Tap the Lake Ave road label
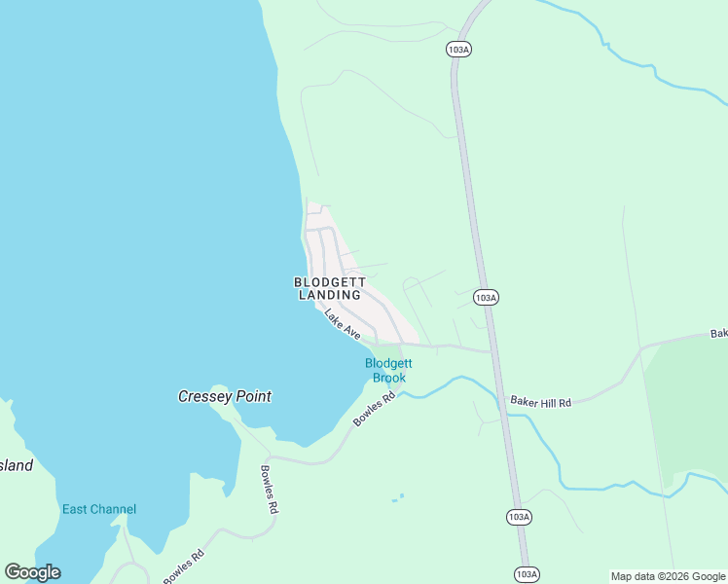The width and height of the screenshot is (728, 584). [x=343, y=324]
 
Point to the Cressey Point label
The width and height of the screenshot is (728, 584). [x=224, y=396]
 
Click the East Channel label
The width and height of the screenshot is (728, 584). [x=99, y=509]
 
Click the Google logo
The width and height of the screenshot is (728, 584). [x=32, y=572]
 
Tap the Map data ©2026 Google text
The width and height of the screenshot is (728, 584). [x=669, y=576]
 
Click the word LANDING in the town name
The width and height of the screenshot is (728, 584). [x=330, y=295]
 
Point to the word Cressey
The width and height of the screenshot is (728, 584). [x=205, y=396]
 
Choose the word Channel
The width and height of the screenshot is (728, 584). [x=115, y=509]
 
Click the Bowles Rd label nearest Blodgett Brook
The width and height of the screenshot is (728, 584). [x=375, y=409]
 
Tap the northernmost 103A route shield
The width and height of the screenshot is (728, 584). [x=459, y=49]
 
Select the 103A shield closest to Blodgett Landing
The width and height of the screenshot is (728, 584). [x=487, y=297]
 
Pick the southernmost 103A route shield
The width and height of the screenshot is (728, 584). [x=526, y=574]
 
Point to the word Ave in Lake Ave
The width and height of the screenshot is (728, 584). [x=350, y=331]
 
